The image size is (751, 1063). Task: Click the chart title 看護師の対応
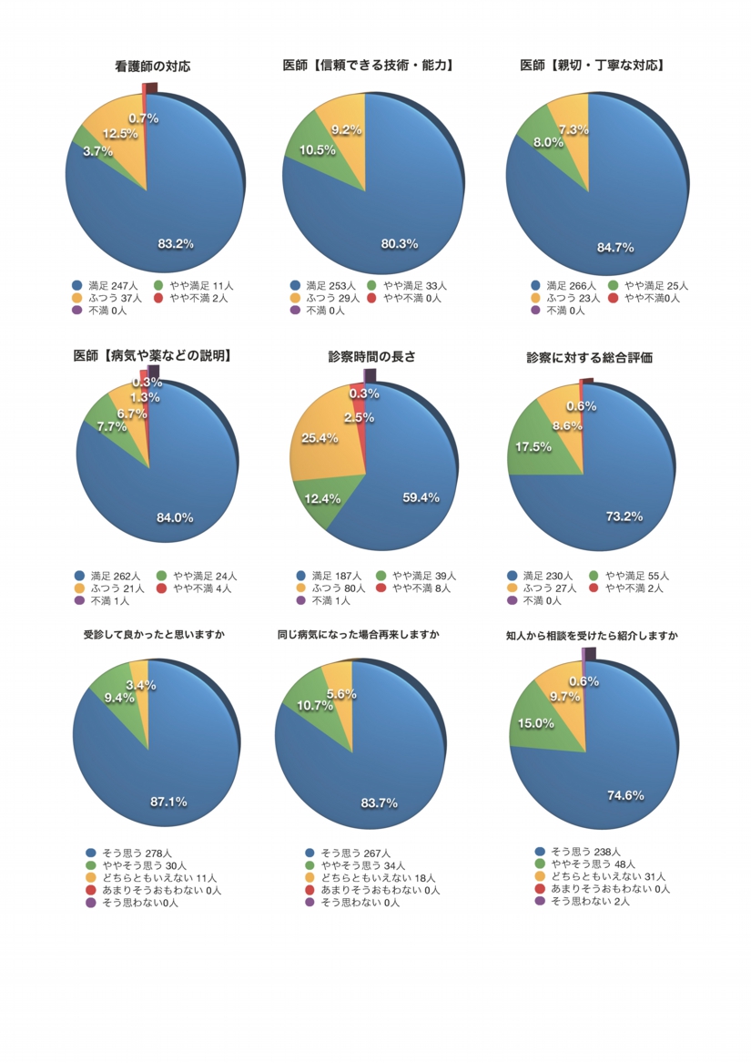pyautogui.click(x=153, y=66)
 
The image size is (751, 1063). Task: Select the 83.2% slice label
pyautogui.click(x=176, y=243)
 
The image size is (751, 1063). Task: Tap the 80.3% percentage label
pyautogui.click(x=400, y=243)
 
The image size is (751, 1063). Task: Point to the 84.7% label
pyautogui.click(x=615, y=247)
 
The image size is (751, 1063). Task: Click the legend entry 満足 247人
pyautogui.click(x=110, y=285)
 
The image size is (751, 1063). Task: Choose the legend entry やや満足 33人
pyautogui.click(x=411, y=285)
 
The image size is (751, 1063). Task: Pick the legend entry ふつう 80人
pyautogui.click(x=332, y=588)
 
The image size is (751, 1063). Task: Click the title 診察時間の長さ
pyautogui.click(x=371, y=357)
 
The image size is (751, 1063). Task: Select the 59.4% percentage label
pyautogui.click(x=421, y=497)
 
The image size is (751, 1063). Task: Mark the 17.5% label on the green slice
pyautogui.click(x=533, y=446)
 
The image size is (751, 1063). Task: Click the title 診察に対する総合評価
pyautogui.click(x=589, y=358)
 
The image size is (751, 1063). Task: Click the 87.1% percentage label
pyautogui.click(x=168, y=802)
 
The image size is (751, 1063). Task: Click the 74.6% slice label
pyautogui.click(x=625, y=795)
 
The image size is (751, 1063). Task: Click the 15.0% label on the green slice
pyautogui.click(x=536, y=722)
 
